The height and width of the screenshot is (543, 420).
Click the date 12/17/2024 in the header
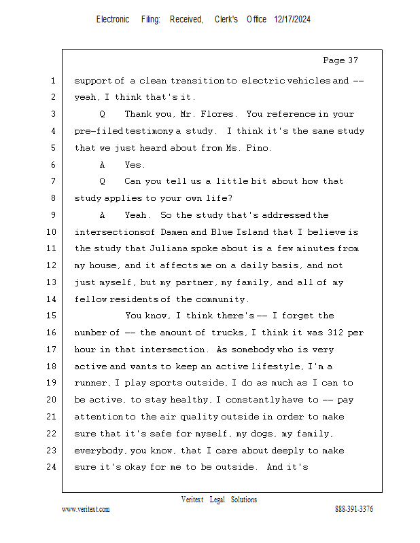coord(292,20)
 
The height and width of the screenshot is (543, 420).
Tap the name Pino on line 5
coord(267,147)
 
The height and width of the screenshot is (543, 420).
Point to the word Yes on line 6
coord(135,164)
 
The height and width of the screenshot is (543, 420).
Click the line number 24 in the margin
coord(50,467)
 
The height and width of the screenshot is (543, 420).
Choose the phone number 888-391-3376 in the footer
coord(353,509)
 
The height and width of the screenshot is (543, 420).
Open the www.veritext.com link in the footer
coord(86,509)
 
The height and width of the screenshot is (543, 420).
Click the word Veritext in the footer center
coord(192,500)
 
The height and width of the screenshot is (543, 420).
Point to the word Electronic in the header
coord(113,20)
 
